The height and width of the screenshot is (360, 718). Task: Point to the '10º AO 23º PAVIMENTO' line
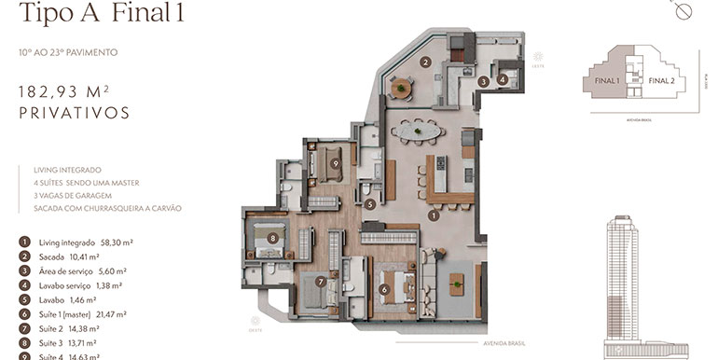(x=67, y=53)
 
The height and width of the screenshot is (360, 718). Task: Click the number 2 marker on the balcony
(x=424, y=63)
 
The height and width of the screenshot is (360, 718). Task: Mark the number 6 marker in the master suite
(x=384, y=289)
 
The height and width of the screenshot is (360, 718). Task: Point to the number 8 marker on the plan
(x=272, y=238)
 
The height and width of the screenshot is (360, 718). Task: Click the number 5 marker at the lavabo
(x=370, y=204)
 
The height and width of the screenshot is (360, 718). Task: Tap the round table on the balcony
(x=401, y=90)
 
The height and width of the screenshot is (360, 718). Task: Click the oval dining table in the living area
(x=417, y=132)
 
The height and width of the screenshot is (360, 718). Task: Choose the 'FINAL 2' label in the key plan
(x=661, y=81)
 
